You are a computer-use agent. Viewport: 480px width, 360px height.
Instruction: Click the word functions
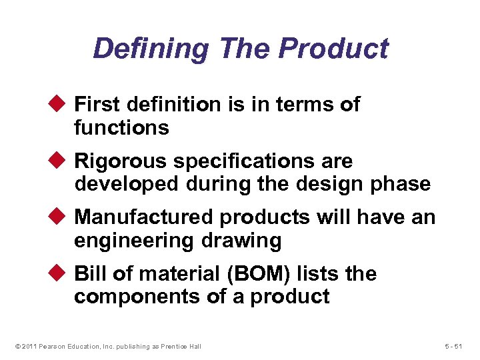pos(121,127)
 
